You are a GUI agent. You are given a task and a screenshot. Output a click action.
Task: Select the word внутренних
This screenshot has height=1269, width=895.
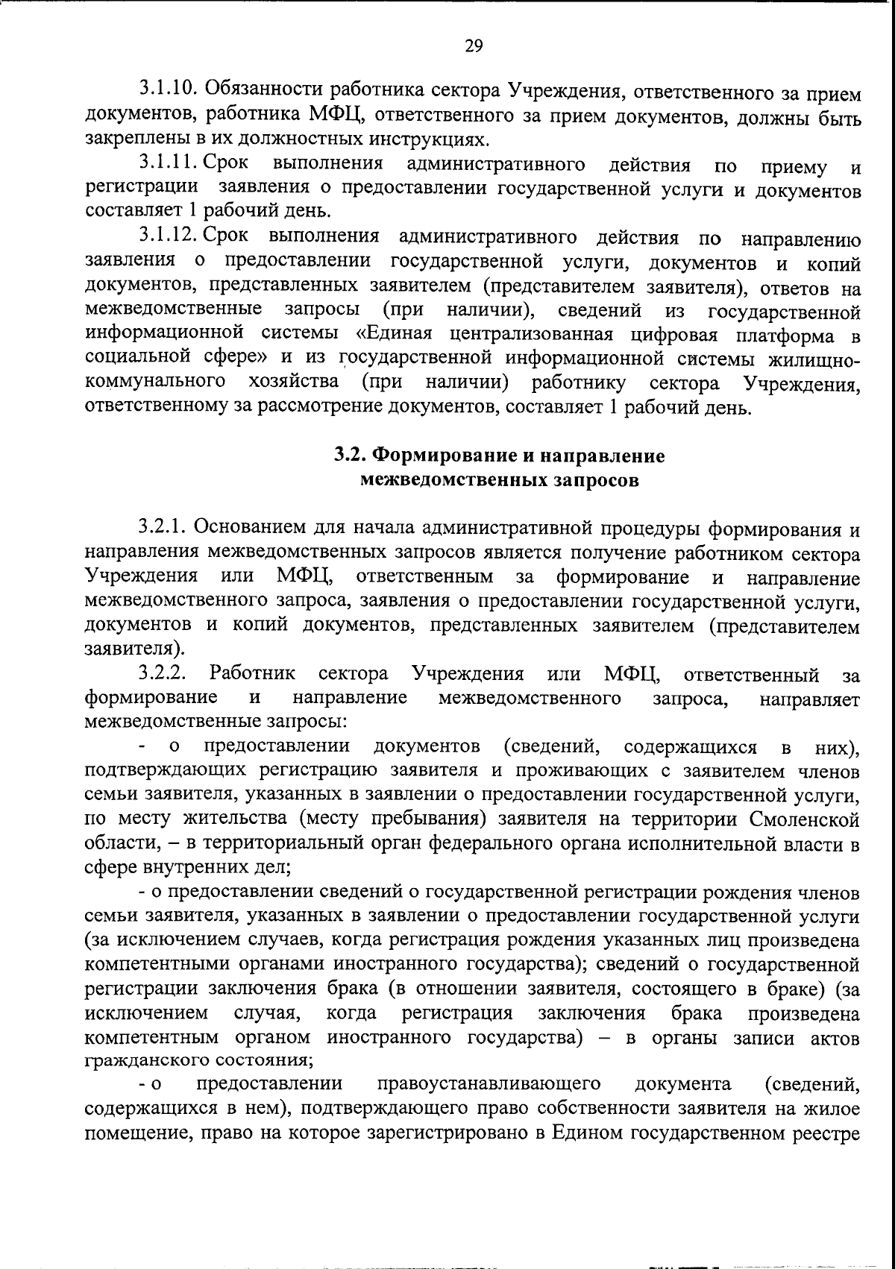194,868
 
